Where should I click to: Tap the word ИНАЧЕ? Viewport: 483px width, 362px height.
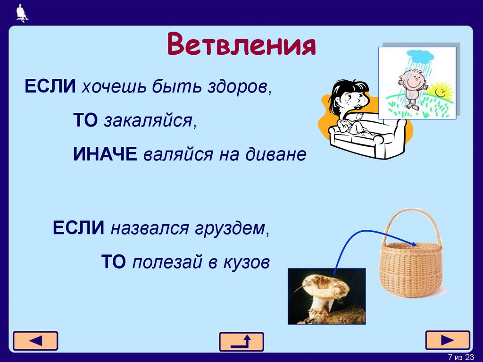105,153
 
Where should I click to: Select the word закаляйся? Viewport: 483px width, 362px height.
148,120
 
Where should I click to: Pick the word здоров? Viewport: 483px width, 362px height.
237,87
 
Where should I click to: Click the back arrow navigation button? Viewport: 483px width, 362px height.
35,341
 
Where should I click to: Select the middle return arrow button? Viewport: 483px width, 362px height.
241,342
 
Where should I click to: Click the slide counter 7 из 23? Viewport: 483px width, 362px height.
461,357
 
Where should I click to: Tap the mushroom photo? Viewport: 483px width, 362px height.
327,296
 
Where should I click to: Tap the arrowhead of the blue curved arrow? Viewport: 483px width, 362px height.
414,244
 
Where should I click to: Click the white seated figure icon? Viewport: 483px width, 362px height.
22,13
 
